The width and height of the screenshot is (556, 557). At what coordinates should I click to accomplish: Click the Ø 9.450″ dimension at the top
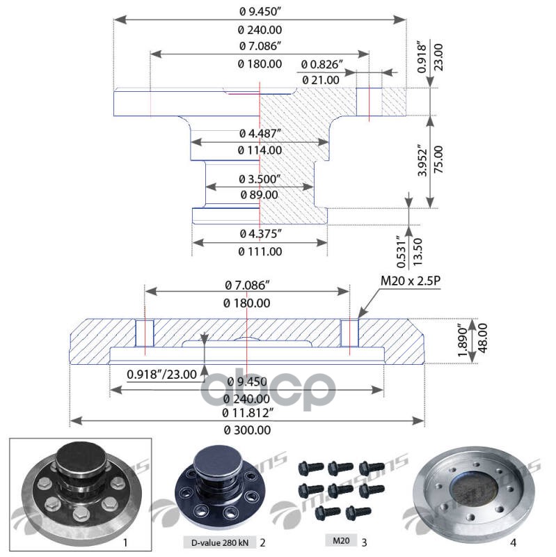(x=260, y=10)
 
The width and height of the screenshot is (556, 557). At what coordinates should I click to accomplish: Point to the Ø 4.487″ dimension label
(x=260, y=133)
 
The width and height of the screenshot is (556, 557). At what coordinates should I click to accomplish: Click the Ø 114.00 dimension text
(x=260, y=150)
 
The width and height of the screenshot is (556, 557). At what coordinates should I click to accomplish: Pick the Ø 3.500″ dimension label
(x=260, y=178)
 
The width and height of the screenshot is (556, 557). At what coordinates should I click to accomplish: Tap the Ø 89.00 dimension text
(x=259, y=195)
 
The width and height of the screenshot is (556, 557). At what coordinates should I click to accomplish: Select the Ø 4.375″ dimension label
(x=260, y=233)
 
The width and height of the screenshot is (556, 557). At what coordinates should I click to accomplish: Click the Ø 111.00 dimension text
(x=260, y=251)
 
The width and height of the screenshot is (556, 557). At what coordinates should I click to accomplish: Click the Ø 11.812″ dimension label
(x=247, y=413)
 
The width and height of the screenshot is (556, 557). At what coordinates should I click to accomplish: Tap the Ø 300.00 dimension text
(x=247, y=430)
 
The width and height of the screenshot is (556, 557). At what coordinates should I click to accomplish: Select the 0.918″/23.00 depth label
(x=162, y=375)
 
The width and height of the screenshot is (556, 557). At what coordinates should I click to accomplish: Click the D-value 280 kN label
(x=219, y=541)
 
